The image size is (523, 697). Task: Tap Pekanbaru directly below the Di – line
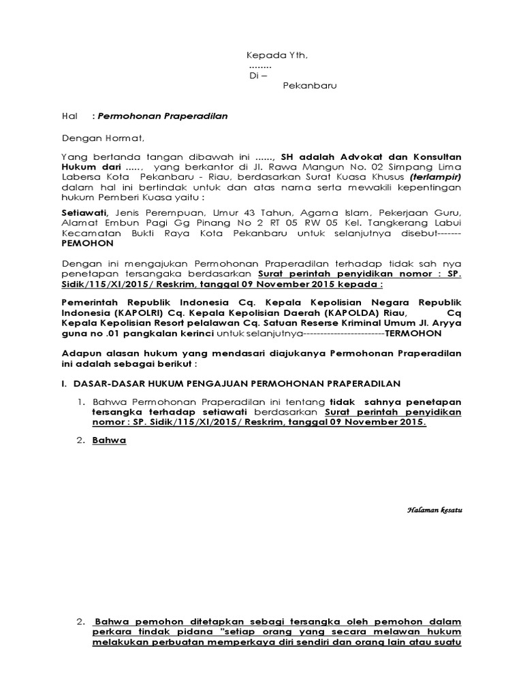click(310, 86)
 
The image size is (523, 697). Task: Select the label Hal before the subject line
click(69, 116)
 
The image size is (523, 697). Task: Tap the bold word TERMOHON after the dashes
click(413, 334)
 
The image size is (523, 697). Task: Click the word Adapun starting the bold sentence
click(80, 354)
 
